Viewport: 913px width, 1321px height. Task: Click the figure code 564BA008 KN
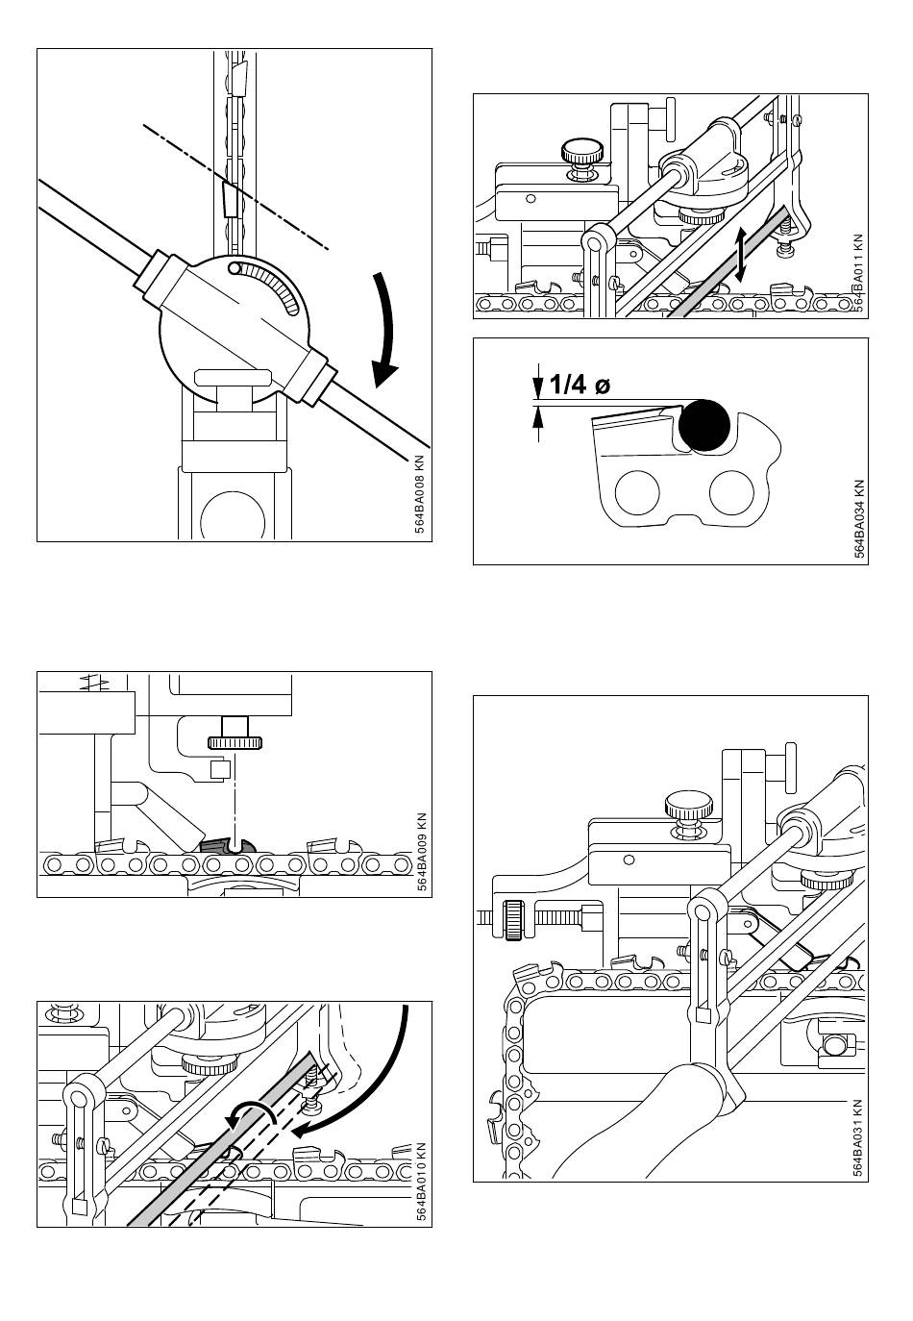[x=420, y=495]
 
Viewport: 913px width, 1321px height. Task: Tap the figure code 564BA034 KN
[x=859, y=518]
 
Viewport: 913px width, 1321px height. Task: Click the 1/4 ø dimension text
[x=580, y=385]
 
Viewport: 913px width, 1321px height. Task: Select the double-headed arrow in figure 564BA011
[x=742, y=256]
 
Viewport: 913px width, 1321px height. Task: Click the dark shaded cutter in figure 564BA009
[x=228, y=846]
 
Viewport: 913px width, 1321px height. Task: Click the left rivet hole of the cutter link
[x=636, y=492]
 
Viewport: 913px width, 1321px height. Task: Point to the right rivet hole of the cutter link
[x=732, y=492]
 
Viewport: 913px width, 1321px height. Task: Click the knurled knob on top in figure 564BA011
[x=582, y=151]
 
